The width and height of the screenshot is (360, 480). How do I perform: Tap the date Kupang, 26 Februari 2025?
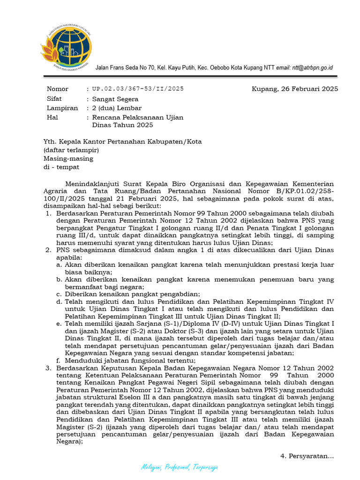point(295,89)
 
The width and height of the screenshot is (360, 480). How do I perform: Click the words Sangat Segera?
point(115,99)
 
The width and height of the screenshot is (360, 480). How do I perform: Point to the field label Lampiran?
point(62,108)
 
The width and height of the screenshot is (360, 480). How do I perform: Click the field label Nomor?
point(58,89)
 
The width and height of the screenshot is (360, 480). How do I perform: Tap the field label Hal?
point(52,118)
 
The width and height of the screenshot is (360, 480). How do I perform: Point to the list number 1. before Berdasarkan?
point(48,214)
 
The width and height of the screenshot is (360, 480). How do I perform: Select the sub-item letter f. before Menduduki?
point(59,360)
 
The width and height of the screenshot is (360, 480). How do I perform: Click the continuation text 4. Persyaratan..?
point(307,456)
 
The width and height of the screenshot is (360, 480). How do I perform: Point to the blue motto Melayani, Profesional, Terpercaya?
point(180,467)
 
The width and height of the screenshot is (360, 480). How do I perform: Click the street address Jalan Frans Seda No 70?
point(125,67)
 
